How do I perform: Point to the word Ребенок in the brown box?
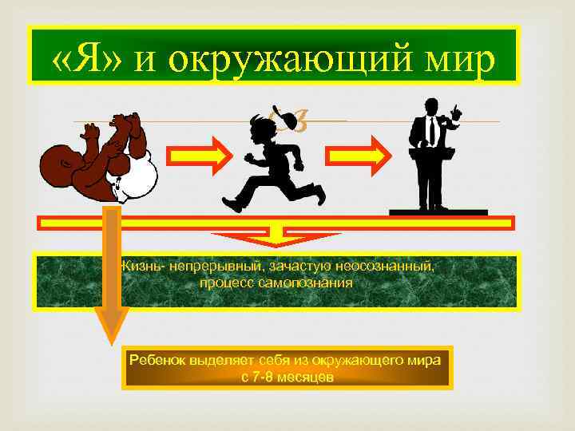[158, 361]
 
